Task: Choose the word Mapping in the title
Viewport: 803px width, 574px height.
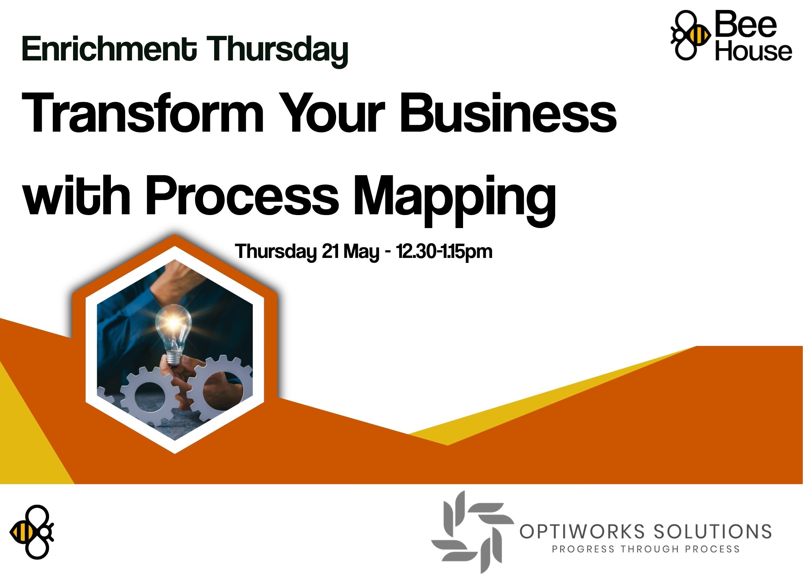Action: click(x=454, y=201)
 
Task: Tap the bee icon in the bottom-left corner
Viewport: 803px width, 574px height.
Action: click(x=32, y=532)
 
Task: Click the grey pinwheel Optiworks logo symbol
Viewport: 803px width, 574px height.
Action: click(x=473, y=532)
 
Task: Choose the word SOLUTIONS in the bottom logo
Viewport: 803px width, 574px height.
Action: click(x=712, y=532)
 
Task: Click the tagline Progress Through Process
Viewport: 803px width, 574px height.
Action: click(x=645, y=549)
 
